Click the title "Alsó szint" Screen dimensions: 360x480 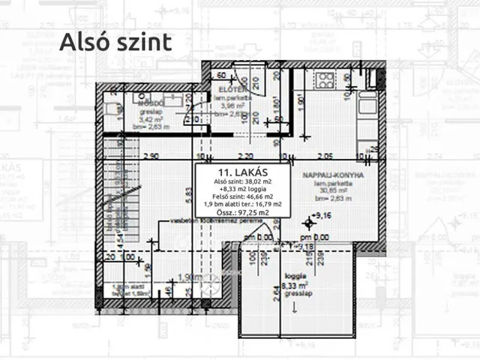coord(115,42)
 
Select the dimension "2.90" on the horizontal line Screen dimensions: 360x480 coord(148,157)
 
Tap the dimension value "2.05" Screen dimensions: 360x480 coord(325,157)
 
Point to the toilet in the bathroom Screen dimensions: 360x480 coord(113,109)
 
